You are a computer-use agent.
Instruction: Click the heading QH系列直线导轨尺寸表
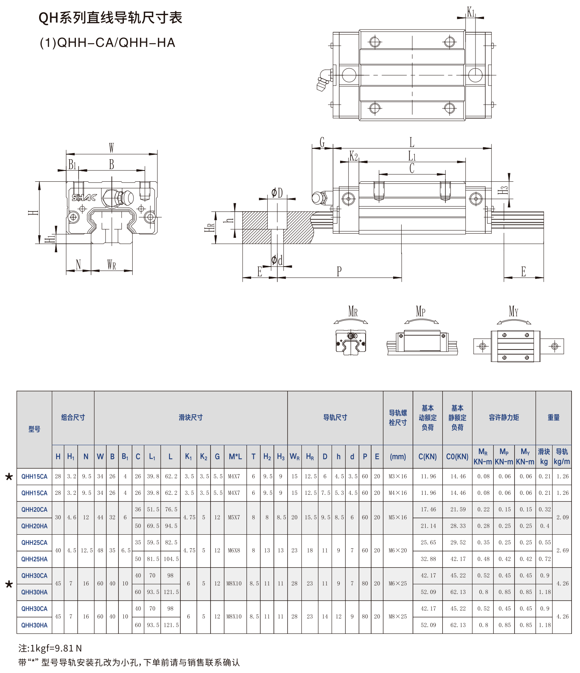(x=110, y=18)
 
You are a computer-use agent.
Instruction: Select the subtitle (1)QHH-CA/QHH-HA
(x=108, y=42)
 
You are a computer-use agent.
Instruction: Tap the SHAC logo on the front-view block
(x=84, y=198)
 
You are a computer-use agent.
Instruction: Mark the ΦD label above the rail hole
(x=277, y=193)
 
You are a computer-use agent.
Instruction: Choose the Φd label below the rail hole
(x=277, y=260)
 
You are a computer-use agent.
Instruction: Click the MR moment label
(x=353, y=312)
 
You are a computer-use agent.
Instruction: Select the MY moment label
(x=513, y=311)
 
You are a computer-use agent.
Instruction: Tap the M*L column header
(x=235, y=456)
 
